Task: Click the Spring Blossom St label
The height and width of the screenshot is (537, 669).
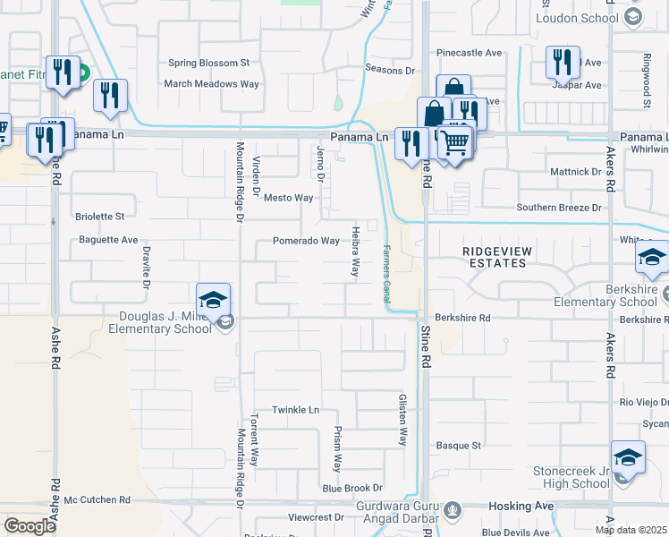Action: coord(209,64)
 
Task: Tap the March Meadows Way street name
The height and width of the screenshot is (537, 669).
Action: coord(211,84)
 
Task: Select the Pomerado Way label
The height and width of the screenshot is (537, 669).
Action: coord(306,241)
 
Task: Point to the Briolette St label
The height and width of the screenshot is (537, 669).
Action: coord(99,217)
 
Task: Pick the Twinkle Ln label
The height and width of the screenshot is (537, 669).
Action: coord(295,409)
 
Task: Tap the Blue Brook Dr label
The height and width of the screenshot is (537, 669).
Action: coord(352,488)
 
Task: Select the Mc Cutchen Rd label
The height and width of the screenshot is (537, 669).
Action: coord(97,499)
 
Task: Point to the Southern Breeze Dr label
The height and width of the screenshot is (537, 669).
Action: coord(560,208)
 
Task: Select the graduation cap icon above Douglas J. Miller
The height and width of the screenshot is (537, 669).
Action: coord(214,300)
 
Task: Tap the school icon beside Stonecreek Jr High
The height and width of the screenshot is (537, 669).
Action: coord(628,457)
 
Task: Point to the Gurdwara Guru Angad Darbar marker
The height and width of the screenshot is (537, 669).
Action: coord(453,511)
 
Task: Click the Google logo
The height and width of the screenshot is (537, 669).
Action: coord(30,525)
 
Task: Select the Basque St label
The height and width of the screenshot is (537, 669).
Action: coord(459,445)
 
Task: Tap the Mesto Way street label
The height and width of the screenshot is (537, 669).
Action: coord(288,198)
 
